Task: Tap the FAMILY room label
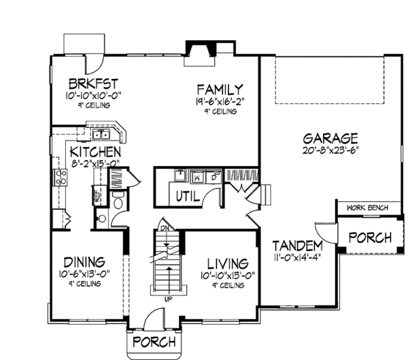point(219,89)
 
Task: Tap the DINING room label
point(84,262)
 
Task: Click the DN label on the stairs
point(164,227)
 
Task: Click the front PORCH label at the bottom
point(154,342)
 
